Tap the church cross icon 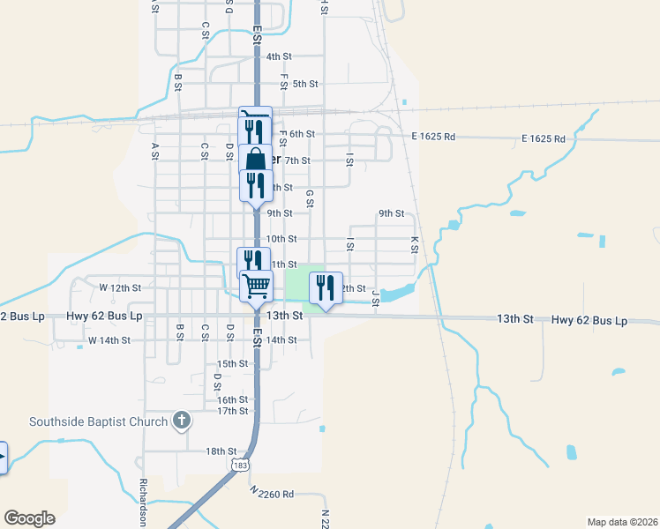181,421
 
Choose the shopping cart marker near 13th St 256,284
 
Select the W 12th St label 120,288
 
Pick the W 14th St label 109,340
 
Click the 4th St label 279,56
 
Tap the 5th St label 305,84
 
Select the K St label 414,244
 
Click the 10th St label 281,239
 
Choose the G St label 309,199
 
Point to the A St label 154,151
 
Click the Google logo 29,518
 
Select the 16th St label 232,400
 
